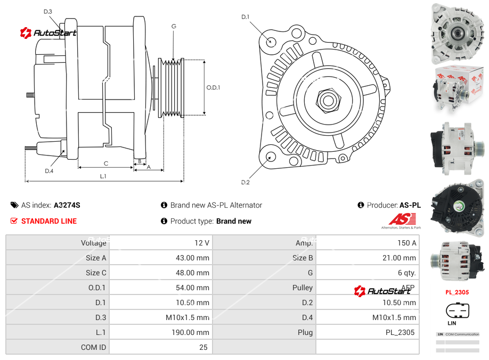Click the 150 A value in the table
point(406,243)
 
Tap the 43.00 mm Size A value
point(195,258)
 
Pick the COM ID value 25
point(203,347)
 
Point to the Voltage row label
point(93,243)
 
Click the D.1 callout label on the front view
point(246,17)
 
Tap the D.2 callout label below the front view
point(246,182)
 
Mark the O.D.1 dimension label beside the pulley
point(213,88)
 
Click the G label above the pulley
point(174,26)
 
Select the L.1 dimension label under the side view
point(103,176)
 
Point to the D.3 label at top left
point(48,11)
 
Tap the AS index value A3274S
point(67,205)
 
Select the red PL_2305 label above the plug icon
point(457,292)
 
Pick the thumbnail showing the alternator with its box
point(457,89)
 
